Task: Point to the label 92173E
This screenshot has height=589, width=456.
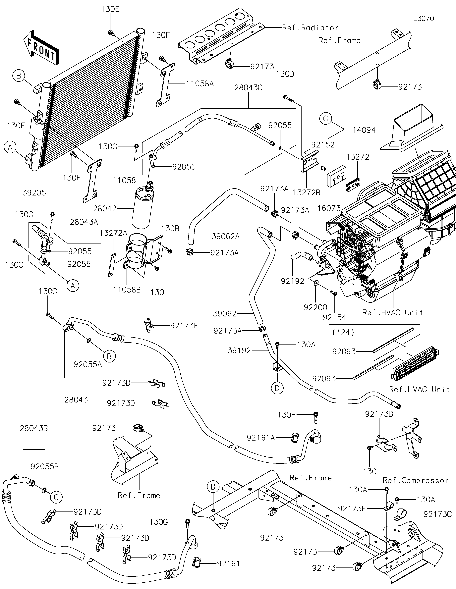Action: coord(184,326)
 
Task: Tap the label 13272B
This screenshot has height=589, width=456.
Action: coord(306,193)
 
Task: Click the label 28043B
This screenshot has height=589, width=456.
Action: coord(34,428)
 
